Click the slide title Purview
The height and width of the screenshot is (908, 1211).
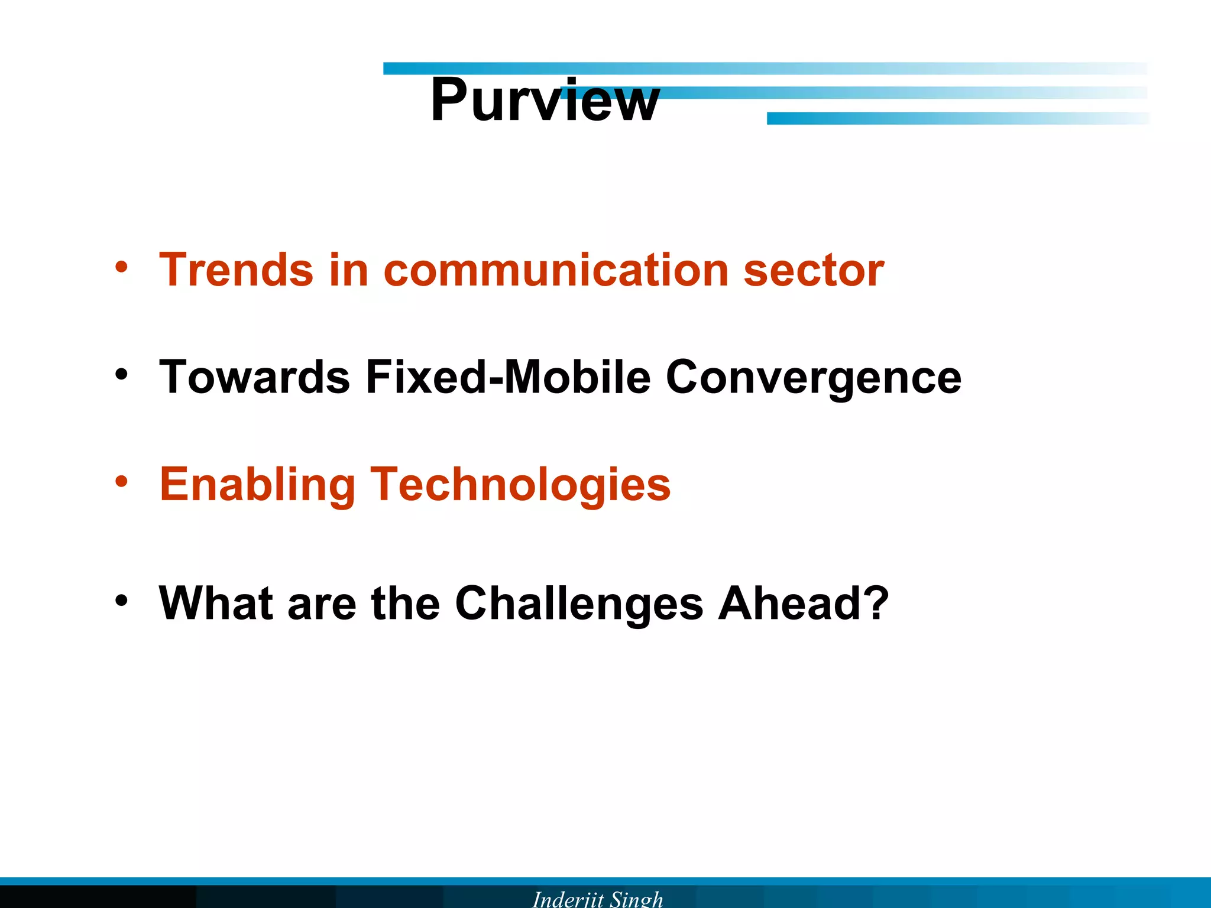tap(545, 100)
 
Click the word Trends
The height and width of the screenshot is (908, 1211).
tap(236, 270)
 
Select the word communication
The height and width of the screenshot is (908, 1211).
tap(556, 270)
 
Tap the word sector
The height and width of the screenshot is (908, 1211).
tap(813, 270)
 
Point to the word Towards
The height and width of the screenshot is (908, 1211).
tap(254, 378)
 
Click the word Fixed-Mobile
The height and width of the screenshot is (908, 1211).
tap(508, 378)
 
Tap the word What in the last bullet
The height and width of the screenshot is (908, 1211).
tap(216, 604)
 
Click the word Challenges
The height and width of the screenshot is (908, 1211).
tap(579, 605)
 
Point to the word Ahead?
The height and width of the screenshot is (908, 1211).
tap(803, 604)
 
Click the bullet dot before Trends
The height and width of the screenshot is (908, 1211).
tap(121, 267)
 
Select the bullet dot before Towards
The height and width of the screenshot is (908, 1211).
tap(121, 374)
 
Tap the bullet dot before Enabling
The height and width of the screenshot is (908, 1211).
tap(121, 482)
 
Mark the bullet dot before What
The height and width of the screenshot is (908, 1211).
tap(121, 601)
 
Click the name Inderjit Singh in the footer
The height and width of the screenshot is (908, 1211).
tap(597, 899)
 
